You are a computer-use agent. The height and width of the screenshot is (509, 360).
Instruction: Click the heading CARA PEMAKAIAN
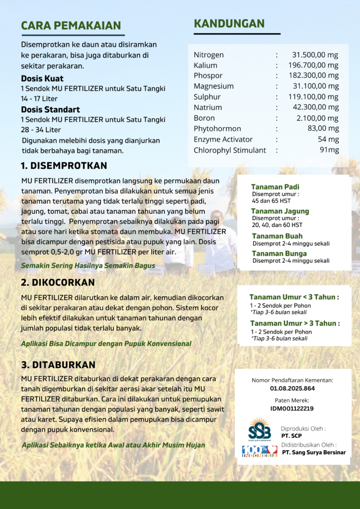[71, 26]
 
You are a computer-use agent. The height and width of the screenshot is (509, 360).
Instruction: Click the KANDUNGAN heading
[229, 24]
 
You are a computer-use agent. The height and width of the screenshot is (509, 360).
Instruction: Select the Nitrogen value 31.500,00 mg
[315, 55]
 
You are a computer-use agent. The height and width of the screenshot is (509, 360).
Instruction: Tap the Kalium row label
[205, 65]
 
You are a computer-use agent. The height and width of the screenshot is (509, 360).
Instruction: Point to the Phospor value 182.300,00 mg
[313, 76]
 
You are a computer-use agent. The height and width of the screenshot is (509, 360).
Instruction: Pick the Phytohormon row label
[217, 129]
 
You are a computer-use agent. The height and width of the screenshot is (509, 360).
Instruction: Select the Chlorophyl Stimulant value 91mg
[329, 150]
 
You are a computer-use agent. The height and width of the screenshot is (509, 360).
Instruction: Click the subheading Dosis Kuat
[42, 79]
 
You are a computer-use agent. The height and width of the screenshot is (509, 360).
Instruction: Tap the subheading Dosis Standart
[50, 109]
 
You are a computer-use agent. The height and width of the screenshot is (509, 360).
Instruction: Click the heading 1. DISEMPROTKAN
[64, 166]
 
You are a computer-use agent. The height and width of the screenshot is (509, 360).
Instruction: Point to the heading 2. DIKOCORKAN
[58, 282]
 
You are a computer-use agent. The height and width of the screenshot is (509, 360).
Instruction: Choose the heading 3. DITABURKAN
[58, 365]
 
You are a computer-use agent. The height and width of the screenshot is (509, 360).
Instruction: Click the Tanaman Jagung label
[280, 211]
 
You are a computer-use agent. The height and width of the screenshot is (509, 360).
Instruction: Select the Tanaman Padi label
[275, 187]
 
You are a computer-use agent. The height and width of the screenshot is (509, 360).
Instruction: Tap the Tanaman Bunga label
[279, 254]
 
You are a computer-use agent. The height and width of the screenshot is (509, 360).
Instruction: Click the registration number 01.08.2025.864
[292, 388]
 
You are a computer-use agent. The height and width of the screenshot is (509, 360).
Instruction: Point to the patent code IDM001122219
[292, 409]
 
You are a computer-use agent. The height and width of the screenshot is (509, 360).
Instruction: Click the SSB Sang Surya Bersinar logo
[260, 429]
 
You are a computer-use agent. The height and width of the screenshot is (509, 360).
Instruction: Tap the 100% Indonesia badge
[260, 451]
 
